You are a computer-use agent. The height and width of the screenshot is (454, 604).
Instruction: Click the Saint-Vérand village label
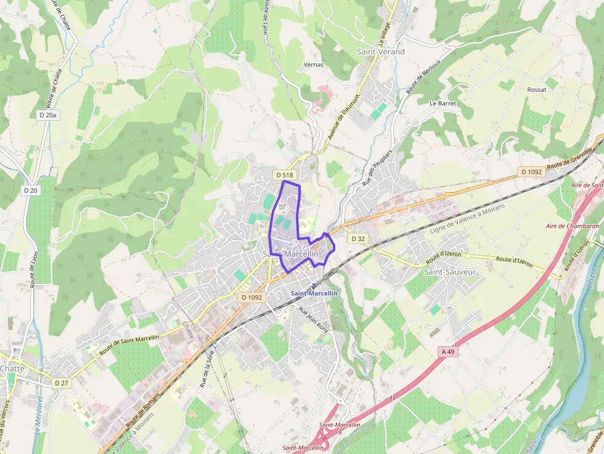[381, 52]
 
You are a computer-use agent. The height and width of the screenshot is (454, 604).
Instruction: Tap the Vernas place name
[314, 64]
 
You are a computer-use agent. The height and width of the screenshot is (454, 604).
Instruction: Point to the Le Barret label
[443, 103]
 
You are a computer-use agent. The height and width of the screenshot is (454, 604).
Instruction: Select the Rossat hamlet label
[537, 89]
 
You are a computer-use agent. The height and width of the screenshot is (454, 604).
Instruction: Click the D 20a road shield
[47, 115]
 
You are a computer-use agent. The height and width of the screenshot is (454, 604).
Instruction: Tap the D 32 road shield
[358, 238]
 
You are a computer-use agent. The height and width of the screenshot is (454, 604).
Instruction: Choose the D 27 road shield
[60, 383]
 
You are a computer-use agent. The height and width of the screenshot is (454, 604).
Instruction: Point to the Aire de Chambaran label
[573, 226]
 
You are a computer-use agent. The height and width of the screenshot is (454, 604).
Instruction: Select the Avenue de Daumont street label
[343, 115]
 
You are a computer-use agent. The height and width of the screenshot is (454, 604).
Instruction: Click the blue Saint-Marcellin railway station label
[314, 293]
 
